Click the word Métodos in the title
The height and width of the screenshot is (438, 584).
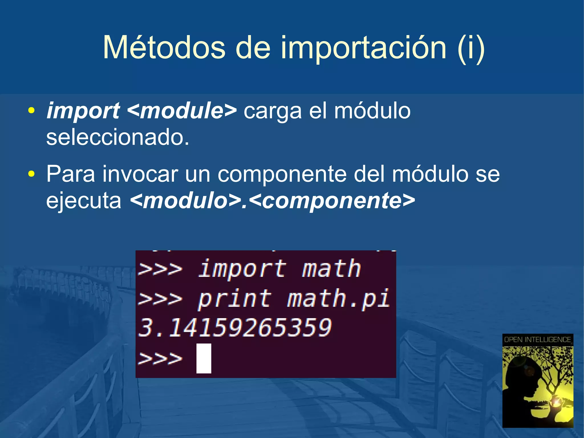click(x=164, y=48)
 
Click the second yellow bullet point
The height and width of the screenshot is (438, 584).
click(x=31, y=174)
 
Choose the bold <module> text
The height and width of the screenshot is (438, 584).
click(x=182, y=111)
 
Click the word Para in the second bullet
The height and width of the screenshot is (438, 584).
click(x=70, y=174)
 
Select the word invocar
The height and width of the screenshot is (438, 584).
click(x=140, y=174)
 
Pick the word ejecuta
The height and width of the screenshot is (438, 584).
click(x=84, y=201)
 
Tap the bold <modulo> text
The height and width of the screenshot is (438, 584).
click(x=185, y=201)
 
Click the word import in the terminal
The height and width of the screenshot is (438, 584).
click(x=242, y=269)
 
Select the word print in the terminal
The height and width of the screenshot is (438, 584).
click(x=234, y=299)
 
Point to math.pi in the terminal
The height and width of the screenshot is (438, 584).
click(x=338, y=299)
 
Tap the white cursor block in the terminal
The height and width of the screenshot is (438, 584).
click(x=204, y=358)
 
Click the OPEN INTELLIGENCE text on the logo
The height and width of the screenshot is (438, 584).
click(x=538, y=340)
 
